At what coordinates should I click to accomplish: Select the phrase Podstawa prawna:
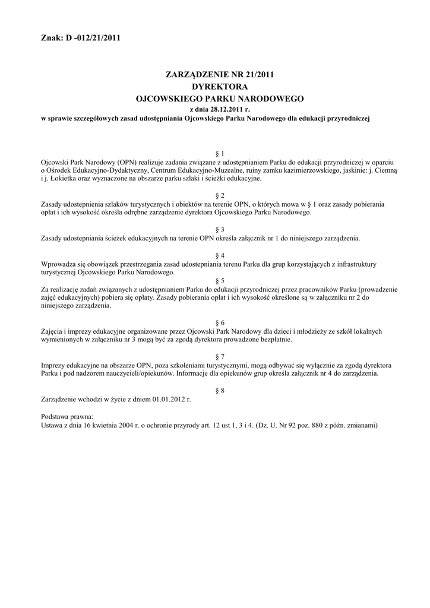[67, 417]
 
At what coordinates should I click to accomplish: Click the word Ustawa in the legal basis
[52, 425]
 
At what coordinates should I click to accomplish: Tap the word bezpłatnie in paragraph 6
[276, 340]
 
